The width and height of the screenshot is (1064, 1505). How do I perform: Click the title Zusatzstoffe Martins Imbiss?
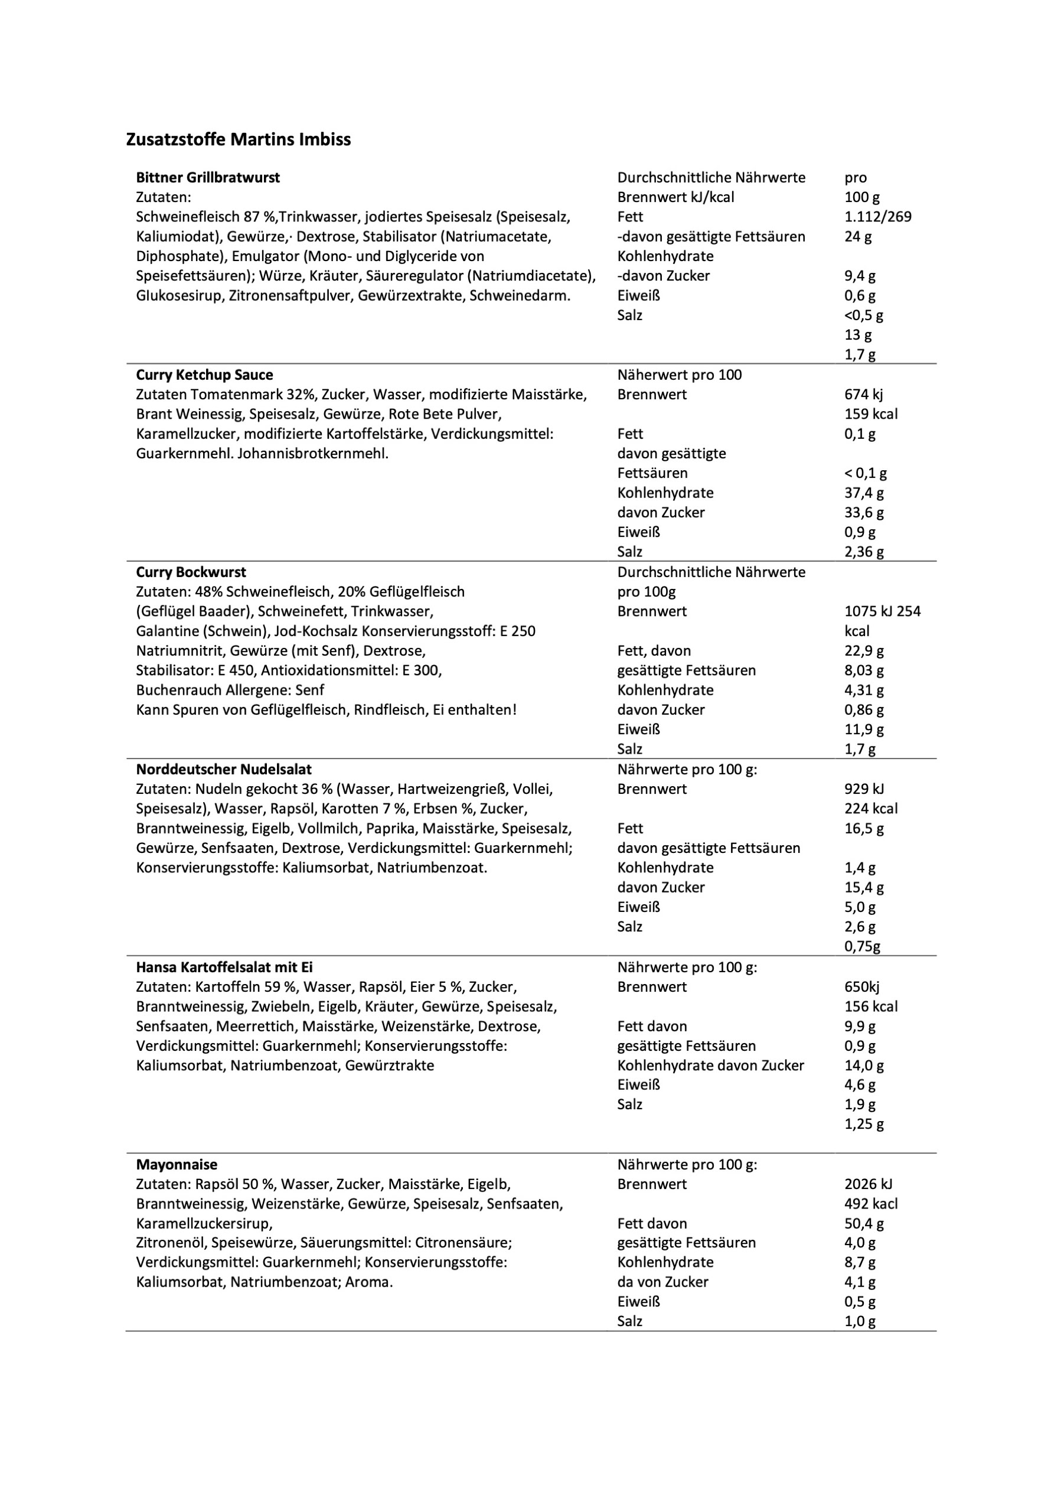click(238, 139)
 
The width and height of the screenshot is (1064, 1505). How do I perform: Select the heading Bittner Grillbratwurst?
click(208, 178)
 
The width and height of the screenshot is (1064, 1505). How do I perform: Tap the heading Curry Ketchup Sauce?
click(204, 375)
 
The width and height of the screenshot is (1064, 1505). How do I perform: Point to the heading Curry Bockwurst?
click(191, 572)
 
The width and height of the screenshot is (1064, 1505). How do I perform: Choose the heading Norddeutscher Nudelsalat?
click(223, 770)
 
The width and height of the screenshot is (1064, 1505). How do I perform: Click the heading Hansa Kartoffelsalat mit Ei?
click(224, 967)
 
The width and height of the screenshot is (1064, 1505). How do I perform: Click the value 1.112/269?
click(877, 217)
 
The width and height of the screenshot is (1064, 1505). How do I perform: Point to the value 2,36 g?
click(863, 552)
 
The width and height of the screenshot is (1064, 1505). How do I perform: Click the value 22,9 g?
click(863, 651)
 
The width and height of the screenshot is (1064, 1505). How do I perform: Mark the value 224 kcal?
click(871, 809)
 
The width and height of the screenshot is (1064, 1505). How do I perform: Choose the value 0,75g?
click(862, 946)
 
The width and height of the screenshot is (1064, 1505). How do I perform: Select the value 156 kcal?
click(871, 1007)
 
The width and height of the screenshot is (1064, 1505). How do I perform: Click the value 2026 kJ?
click(868, 1184)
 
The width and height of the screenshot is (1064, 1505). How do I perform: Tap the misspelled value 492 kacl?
click(871, 1204)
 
